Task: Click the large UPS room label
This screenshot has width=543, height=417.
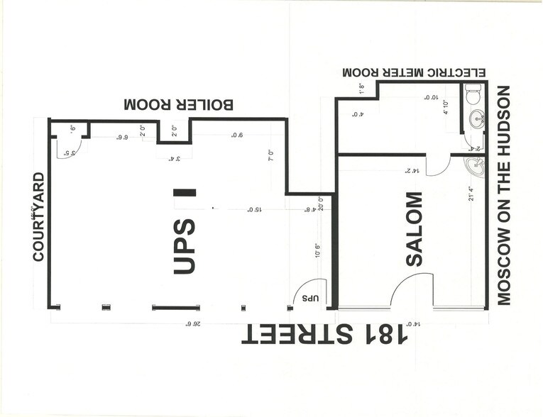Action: [184, 246]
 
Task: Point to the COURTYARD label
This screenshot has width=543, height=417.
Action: [39, 216]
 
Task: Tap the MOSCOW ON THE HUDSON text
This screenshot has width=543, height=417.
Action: [504, 195]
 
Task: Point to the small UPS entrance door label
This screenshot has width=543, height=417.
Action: [310, 298]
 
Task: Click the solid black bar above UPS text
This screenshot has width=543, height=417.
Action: [185, 191]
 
